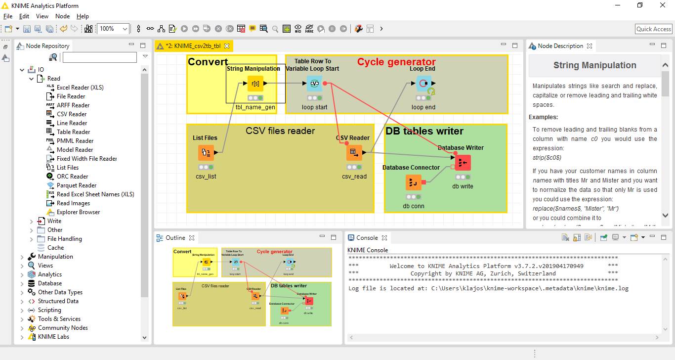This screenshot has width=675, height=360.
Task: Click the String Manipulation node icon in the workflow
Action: coord(255,84)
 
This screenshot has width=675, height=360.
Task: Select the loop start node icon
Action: coord(314,84)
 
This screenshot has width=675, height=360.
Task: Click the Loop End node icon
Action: coord(423,84)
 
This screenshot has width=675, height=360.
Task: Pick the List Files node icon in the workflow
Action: coord(206,153)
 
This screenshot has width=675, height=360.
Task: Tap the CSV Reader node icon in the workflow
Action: coord(354,153)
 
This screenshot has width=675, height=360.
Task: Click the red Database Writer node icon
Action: coord(463,163)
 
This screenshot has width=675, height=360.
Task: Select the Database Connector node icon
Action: coord(414,182)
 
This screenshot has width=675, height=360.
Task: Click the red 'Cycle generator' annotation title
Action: coord(396,62)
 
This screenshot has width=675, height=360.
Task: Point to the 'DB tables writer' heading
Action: coord(424,131)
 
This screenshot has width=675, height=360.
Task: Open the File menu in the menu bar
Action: coord(7,16)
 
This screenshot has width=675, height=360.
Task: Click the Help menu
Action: coord(83,16)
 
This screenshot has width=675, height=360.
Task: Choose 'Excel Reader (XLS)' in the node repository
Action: coord(80,88)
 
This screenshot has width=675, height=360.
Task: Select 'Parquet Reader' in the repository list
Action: coord(77,185)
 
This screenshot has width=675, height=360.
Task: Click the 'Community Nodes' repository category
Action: coord(63,328)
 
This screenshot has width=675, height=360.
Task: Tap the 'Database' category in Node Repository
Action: coord(50,283)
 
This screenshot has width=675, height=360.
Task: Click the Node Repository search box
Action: coord(99,58)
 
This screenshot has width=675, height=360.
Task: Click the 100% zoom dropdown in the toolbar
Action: coord(113,29)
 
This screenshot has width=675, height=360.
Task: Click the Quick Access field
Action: coord(653,29)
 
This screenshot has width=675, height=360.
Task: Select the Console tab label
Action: coord(367,238)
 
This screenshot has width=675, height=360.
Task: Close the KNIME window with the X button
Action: coord(663,5)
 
